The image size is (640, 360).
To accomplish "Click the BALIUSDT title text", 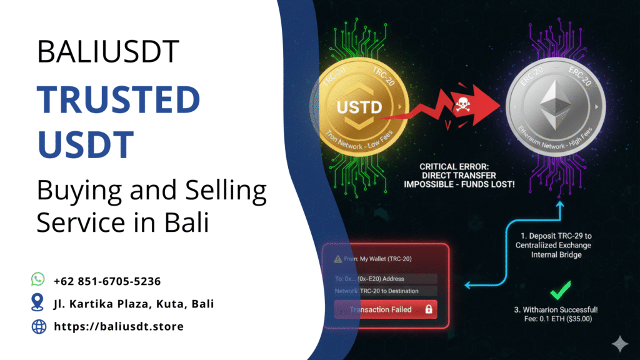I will click(108, 51).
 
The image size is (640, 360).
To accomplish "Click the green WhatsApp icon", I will click(38, 280).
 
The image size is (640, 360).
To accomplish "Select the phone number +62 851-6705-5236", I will click(107, 281).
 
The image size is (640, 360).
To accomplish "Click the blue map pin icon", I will click(38, 303).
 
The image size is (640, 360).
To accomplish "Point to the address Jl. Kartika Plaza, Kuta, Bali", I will click(134, 304).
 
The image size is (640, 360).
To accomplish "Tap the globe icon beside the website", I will click(38, 326).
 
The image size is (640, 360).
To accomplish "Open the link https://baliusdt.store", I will click(119, 326).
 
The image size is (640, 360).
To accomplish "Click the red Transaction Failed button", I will click(384, 309).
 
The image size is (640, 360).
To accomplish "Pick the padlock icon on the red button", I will click(428, 309).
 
